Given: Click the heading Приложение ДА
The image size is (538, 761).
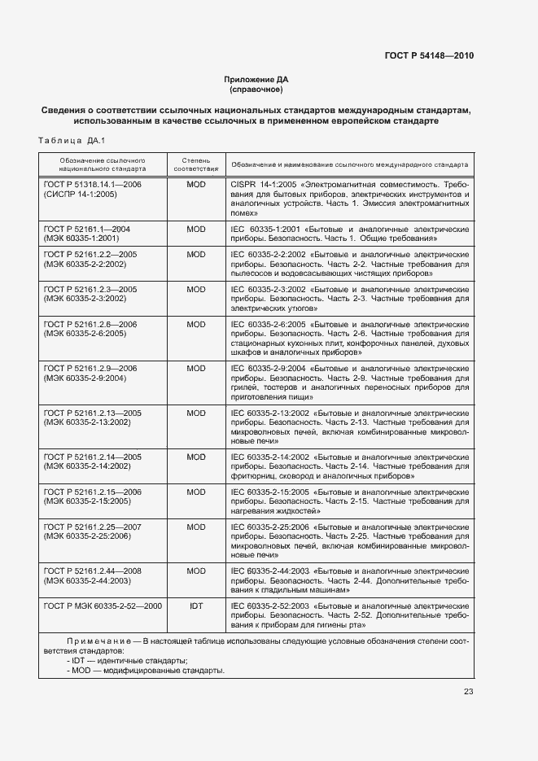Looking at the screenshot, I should pyautogui.click(x=256, y=79).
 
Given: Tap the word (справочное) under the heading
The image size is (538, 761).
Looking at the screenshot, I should pyautogui.click(x=256, y=90).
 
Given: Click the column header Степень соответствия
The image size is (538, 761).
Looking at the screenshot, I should pyautogui.click(x=195, y=164).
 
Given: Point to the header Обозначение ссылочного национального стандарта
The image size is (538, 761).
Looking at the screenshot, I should pyautogui.click(x=103, y=164).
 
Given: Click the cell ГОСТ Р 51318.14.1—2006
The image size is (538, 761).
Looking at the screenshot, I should pyautogui.click(x=92, y=186).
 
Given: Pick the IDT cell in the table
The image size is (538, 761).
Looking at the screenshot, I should pyautogui.click(x=195, y=606).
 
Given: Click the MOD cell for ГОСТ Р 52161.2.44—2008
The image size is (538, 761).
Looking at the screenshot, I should pyautogui.click(x=195, y=571).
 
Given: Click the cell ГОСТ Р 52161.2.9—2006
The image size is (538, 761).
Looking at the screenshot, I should pyautogui.click(x=90, y=368).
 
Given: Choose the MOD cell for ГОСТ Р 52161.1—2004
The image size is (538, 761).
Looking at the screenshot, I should pyautogui.click(x=195, y=230).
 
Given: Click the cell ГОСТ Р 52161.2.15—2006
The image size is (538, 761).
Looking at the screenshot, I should pyautogui.click(x=92, y=492).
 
